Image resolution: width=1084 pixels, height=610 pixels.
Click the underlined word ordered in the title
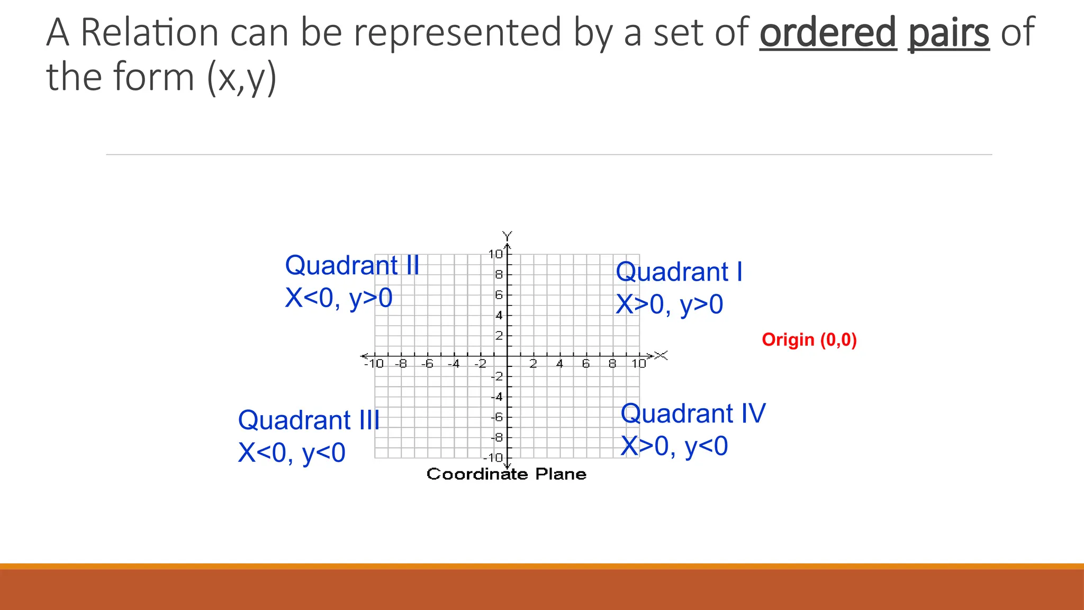[828, 33]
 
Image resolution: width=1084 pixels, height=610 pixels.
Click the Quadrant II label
[352, 265]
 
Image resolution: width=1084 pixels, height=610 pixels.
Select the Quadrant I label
[679, 272]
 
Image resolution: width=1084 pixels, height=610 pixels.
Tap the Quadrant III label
[309, 420]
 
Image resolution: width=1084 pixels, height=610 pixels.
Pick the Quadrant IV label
[693, 414]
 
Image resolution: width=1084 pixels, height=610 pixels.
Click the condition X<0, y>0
[339, 298]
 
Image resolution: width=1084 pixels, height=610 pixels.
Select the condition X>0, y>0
[670, 305]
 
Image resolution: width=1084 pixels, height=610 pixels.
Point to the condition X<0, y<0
[292, 453]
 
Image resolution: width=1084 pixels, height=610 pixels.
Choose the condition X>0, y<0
[674, 446]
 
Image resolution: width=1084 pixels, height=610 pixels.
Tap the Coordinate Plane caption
[507, 474]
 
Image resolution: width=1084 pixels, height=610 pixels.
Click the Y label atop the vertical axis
[507, 235]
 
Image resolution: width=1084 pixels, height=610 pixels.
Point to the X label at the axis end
[662, 355]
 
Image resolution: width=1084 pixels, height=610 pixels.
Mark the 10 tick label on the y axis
[496, 254]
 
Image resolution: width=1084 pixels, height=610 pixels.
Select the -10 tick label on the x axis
[374, 364]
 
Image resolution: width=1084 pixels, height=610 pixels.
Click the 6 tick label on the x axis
[586, 364]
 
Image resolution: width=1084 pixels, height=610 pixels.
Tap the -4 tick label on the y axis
[496, 397]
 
